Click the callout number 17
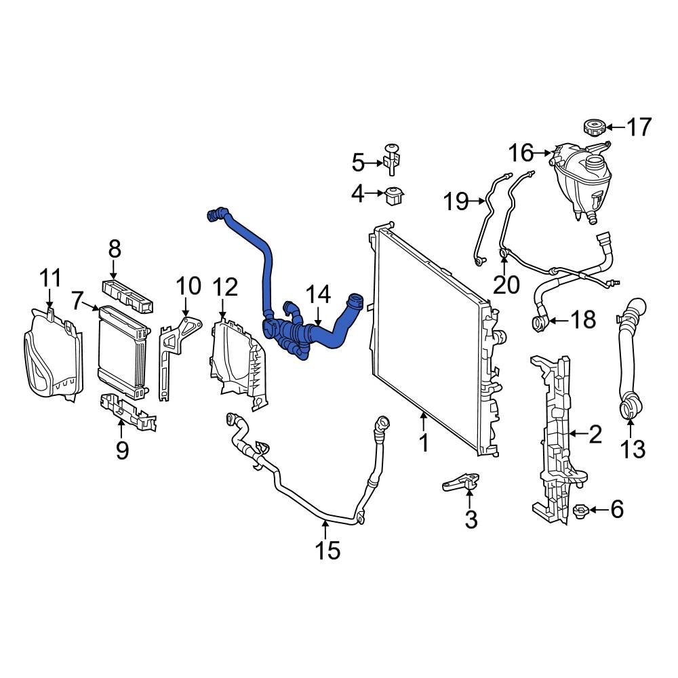click(x=638, y=127)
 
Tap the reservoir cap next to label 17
click(x=593, y=127)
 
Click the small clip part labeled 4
click(x=394, y=195)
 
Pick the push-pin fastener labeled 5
click(x=391, y=159)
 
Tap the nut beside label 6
click(x=580, y=509)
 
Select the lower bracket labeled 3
click(x=461, y=481)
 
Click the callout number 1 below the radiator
click(x=424, y=443)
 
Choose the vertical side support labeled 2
click(x=555, y=434)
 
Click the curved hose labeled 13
click(x=627, y=359)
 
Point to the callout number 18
click(x=583, y=319)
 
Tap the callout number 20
click(x=505, y=285)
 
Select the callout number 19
click(x=456, y=201)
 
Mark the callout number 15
click(x=327, y=551)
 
